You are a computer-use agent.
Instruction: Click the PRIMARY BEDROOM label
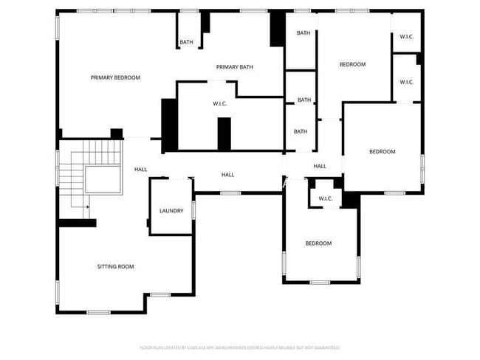(x=115, y=77)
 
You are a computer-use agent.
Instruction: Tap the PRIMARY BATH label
(x=235, y=67)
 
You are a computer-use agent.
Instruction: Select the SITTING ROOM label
(x=116, y=266)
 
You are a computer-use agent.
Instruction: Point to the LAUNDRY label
(x=171, y=211)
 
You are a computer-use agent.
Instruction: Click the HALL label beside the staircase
(x=140, y=170)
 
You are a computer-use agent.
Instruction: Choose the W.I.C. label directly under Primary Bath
(x=220, y=103)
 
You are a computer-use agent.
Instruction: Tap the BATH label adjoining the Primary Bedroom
(x=186, y=42)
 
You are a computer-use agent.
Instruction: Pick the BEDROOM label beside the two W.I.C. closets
(x=352, y=64)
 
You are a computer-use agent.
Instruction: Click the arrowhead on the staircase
(x=87, y=207)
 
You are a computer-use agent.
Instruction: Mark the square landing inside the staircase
(x=103, y=179)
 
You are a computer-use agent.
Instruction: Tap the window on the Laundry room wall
(x=193, y=210)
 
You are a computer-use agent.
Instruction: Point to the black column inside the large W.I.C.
(x=224, y=134)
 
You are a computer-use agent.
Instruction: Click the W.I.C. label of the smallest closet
(x=326, y=198)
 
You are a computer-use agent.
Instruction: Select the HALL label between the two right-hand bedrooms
(x=320, y=166)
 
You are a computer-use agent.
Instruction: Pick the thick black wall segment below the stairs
(x=77, y=224)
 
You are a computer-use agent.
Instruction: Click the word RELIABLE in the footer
(x=284, y=347)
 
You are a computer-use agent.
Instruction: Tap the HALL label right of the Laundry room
(x=228, y=174)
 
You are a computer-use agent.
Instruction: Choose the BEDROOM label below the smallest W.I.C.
(x=319, y=243)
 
